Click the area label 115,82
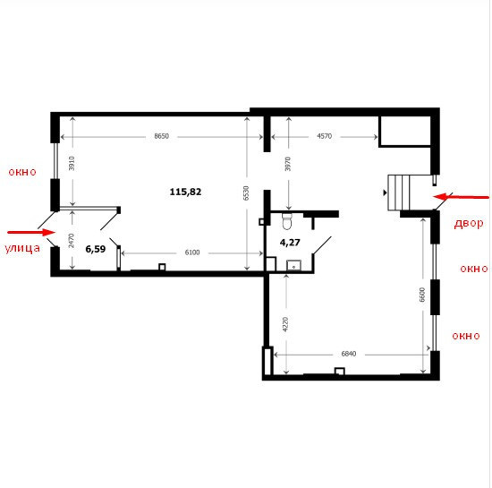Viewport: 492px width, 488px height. pos(185,192)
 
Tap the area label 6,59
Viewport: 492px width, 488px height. pos(96,249)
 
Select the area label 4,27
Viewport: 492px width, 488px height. pos(290,243)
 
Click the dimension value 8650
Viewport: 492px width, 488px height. pos(161,136)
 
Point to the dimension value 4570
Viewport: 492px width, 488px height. pos(324,136)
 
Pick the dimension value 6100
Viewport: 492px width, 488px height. pos(192,253)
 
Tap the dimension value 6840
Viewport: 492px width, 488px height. pos(349,354)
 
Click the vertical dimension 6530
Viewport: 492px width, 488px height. pos(246,193)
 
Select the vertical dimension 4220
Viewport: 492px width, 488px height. pos(285,324)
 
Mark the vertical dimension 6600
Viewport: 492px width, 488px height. pos(422,295)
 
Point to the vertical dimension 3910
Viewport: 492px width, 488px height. pos(72,163)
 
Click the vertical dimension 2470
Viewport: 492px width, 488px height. pos(72,241)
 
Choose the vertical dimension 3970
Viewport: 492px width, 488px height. pos(288,164)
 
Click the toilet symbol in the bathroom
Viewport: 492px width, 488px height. pos(287,221)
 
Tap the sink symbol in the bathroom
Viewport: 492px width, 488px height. pos(293,266)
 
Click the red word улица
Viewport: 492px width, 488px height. pos(22,248)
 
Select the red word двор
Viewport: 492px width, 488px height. pos(469,224)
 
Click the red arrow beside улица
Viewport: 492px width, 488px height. pos(31,233)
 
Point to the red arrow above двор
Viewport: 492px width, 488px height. pos(461,197)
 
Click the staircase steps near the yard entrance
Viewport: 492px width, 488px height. pos(399,193)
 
